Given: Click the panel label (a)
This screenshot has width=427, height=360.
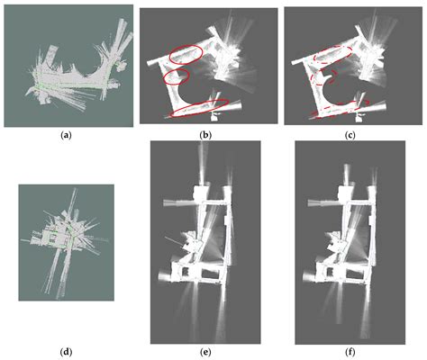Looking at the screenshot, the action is [66, 136].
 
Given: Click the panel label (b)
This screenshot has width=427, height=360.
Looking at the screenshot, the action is [205, 136].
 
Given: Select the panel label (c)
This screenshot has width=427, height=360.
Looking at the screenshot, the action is [350, 136].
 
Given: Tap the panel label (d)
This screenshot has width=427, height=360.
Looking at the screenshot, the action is [66, 351].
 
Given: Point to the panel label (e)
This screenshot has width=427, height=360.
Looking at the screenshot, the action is [205, 351].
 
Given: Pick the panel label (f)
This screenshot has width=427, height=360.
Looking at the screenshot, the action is [350, 351].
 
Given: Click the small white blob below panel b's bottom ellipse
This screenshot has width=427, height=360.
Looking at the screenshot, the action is [214, 116].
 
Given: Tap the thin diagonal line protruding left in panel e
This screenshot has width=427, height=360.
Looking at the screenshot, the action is [173, 241].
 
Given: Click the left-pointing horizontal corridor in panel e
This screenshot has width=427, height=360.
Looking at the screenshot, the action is [179, 202].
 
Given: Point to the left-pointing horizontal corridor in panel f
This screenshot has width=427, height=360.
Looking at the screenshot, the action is [324, 203].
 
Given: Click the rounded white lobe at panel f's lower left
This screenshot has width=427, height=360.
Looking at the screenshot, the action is [308, 276].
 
